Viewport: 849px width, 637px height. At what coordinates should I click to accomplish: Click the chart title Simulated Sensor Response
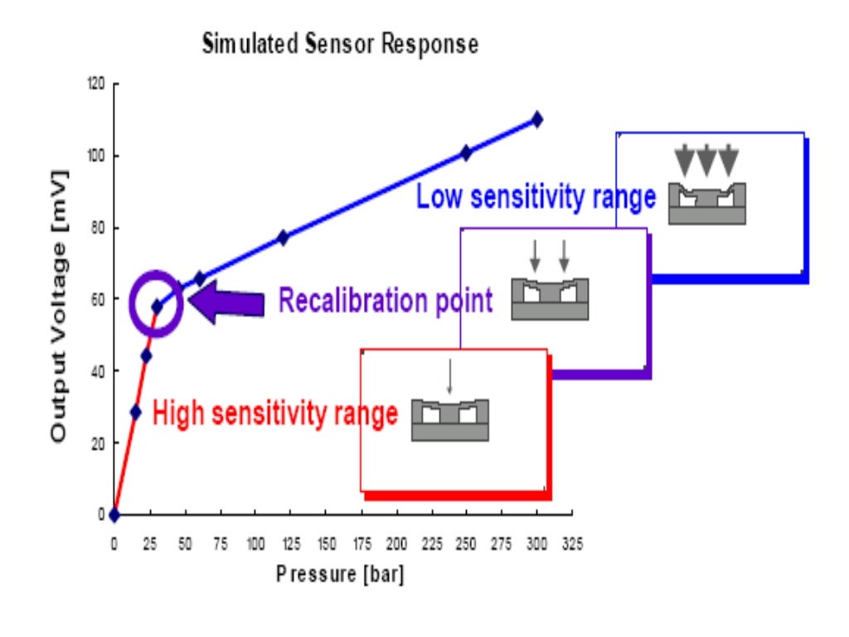click(x=340, y=46)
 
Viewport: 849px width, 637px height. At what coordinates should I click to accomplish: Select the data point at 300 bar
click(x=537, y=119)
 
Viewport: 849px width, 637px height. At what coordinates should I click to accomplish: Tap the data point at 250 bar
click(x=466, y=153)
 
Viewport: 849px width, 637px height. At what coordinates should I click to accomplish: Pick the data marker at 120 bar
click(x=283, y=237)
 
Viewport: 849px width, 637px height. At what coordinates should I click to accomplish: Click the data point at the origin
click(x=114, y=515)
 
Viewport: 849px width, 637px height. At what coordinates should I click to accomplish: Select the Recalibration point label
click(x=385, y=300)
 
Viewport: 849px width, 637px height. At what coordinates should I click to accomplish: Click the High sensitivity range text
click(x=275, y=412)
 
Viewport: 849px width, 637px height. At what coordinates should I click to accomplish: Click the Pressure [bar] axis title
click(x=340, y=574)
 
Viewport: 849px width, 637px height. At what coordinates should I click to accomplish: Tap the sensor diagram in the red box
click(x=450, y=420)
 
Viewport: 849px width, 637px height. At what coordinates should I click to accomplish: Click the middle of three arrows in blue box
click(x=706, y=159)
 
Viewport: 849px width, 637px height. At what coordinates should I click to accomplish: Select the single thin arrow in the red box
click(x=449, y=377)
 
